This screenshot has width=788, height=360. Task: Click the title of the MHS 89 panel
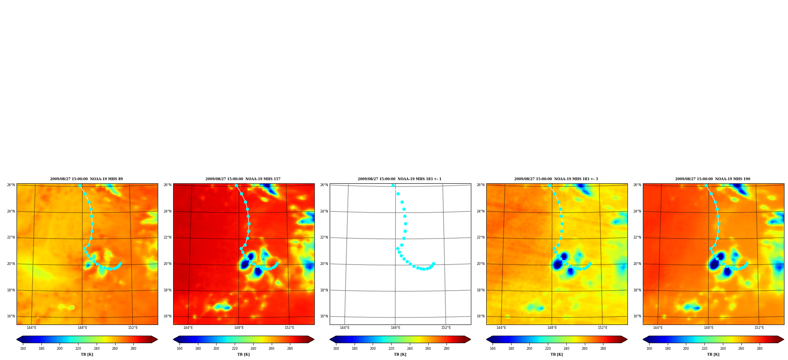click(86, 179)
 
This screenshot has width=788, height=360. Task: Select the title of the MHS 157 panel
click(243, 179)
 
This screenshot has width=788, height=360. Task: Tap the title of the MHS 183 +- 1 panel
click(400, 179)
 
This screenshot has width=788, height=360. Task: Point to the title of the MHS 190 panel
click(713, 179)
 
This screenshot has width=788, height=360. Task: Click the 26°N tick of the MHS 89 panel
click(11, 185)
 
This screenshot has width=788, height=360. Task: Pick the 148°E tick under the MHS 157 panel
click(239, 328)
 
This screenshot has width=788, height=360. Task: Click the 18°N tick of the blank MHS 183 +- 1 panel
click(324, 290)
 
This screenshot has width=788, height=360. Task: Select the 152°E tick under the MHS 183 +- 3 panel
click(602, 328)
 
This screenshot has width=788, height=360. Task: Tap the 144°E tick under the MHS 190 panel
click(658, 328)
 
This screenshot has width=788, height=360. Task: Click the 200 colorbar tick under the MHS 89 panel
click(60, 349)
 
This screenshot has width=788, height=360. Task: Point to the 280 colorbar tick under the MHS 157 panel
click(290, 349)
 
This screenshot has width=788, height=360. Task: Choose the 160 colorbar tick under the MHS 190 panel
click(649, 349)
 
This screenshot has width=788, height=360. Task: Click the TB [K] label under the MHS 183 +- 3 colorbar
click(556, 354)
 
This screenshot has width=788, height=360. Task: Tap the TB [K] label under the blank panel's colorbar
click(400, 354)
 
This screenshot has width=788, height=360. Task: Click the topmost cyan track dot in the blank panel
click(393, 186)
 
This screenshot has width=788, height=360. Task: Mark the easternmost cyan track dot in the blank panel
click(433, 264)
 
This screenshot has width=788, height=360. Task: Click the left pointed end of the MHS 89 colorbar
click(17, 339)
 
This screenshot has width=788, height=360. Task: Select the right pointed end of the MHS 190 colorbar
click(783, 339)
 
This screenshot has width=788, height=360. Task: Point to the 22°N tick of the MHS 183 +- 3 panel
click(481, 237)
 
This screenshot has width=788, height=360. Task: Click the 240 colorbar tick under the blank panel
click(410, 349)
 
